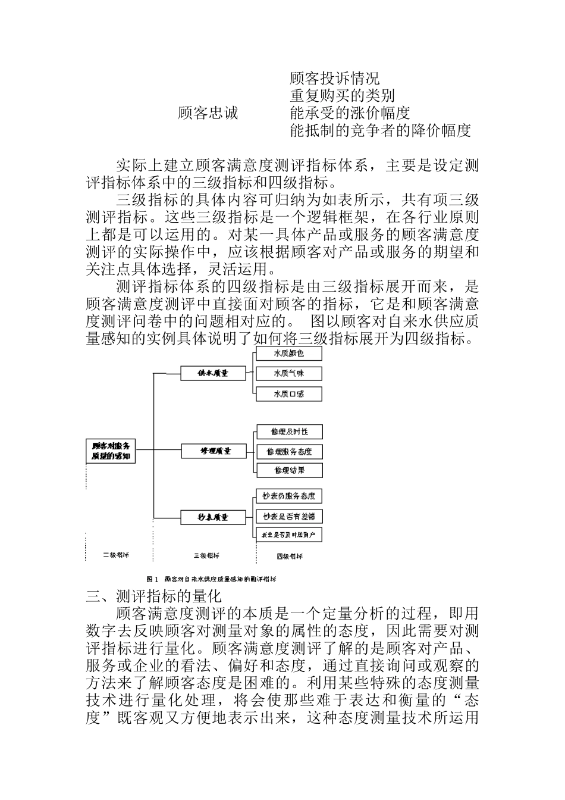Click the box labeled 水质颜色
coord(288,354)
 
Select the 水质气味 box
coord(288,373)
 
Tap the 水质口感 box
coord(288,393)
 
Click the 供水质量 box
coord(214,373)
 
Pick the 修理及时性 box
coord(290,432)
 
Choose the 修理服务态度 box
coord(290,451)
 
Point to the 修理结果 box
coord(290,470)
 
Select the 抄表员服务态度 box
coord(289,496)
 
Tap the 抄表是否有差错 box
coord(289,515)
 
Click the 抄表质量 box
coord(214,517)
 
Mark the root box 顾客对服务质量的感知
coord(111,451)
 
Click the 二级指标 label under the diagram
coord(115,555)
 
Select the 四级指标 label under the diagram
coord(290,556)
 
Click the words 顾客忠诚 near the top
coord(208,113)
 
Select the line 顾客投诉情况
coord(335,78)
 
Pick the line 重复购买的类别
coord(343,95)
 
